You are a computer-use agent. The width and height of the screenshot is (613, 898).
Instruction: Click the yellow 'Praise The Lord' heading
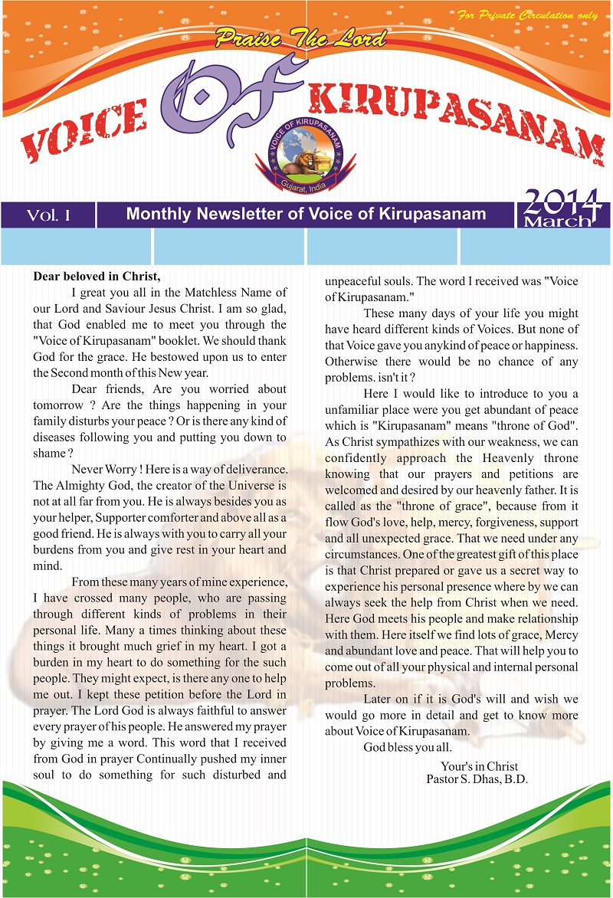(x=300, y=37)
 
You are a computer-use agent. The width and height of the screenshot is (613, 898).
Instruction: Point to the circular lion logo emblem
(x=306, y=150)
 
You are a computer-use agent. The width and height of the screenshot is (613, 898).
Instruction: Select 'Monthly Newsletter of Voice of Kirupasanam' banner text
(x=306, y=214)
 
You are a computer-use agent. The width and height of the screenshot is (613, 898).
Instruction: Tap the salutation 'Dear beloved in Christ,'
(x=97, y=276)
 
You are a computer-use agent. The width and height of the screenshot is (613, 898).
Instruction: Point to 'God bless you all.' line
(x=408, y=748)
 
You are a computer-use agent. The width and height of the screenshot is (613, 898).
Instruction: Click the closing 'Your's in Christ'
(x=479, y=765)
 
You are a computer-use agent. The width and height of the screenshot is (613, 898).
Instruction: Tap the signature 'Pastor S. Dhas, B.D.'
(x=477, y=779)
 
